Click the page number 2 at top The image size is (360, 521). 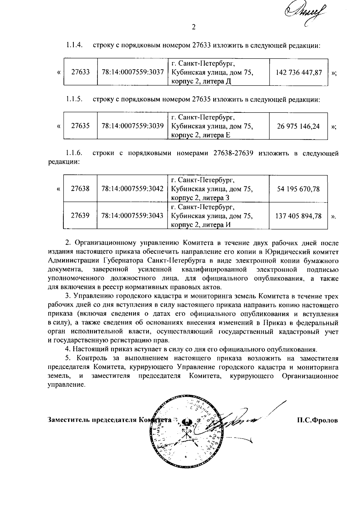point(193,27)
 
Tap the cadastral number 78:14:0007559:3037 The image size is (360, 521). point(132,72)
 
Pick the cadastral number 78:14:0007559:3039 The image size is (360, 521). point(132,126)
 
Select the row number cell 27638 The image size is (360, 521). point(80,189)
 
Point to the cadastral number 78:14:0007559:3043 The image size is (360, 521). point(132,216)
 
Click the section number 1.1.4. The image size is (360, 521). point(74,45)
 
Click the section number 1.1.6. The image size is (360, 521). point(74,153)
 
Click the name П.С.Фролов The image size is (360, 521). point(317,420)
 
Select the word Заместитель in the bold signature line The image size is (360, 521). point(69,420)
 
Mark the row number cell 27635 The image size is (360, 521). point(80,126)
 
